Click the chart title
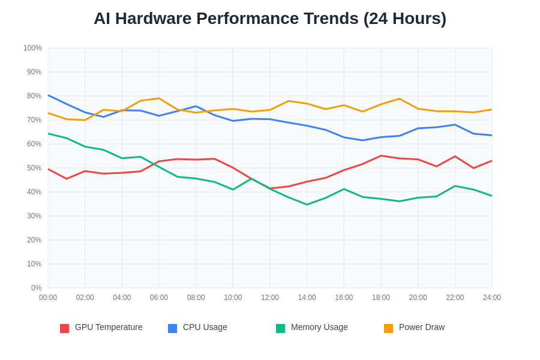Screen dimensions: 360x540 [270, 19]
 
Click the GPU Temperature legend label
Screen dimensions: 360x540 [109, 327]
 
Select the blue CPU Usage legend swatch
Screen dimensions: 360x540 [172, 328]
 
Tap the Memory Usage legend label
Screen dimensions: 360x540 [319, 327]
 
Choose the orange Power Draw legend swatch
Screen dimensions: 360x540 [388, 328]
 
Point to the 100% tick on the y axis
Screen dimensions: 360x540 [32, 48]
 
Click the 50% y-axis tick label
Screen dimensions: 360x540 [34, 168]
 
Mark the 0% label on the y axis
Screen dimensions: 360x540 [37, 288]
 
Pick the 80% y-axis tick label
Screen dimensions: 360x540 [34, 96]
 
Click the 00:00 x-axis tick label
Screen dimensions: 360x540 [48, 298]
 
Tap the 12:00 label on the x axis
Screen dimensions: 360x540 [270, 298]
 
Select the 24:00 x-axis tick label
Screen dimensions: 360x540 [492, 298]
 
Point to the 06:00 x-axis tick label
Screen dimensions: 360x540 [159, 298]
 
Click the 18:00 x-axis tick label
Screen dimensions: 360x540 [381, 298]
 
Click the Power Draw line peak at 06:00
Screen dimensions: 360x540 [159, 98]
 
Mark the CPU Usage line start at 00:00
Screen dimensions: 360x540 [49, 95]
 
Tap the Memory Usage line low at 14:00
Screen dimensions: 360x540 [307, 205]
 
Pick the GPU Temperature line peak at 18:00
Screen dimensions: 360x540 [381, 156]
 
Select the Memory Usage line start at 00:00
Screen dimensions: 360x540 [49, 134]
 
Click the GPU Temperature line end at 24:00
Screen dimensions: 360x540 [491, 161]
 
